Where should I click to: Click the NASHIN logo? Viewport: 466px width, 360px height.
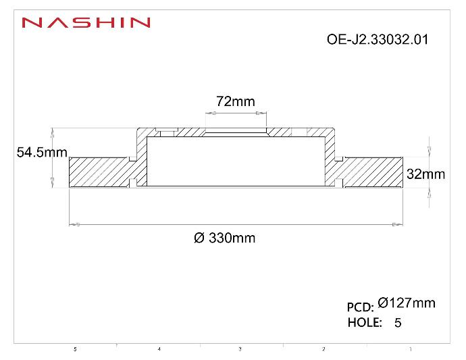(x=86, y=22)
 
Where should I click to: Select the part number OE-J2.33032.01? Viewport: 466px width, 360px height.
(x=377, y=39)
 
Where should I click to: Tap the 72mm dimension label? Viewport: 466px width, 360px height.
(x=235, y=101)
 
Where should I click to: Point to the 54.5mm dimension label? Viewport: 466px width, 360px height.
(x=41, y=153)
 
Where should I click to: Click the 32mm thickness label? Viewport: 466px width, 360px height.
(x=425, y=174)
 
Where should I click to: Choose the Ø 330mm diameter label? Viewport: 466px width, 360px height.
(x=224, y=238)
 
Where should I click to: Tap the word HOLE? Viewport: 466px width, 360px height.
(x=365, y=322)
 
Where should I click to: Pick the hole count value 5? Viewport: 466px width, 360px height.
(x=397, y=323)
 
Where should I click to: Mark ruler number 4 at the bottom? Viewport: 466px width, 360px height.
(x=159, y=349)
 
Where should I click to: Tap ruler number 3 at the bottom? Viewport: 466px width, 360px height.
(x=240, y=349)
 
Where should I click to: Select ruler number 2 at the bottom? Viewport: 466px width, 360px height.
(x=323, y=349)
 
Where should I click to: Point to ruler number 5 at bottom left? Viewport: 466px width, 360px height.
(x=75, y=349)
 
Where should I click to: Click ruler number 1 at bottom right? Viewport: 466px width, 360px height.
(x=411, y=349)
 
